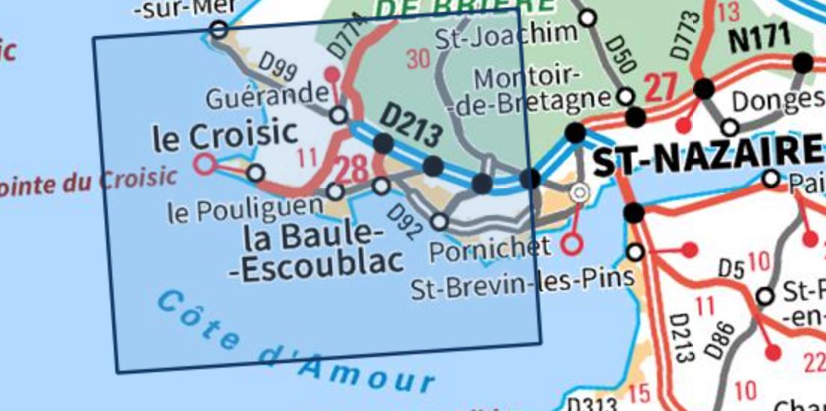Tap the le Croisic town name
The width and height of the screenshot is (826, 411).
224,136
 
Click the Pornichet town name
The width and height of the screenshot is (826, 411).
489,249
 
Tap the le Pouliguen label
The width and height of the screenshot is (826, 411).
245,211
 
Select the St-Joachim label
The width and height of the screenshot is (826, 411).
507,33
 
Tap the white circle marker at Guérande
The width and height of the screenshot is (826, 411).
339,115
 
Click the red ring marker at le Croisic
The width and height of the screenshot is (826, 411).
204,164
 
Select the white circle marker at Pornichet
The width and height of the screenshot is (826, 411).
440,221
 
